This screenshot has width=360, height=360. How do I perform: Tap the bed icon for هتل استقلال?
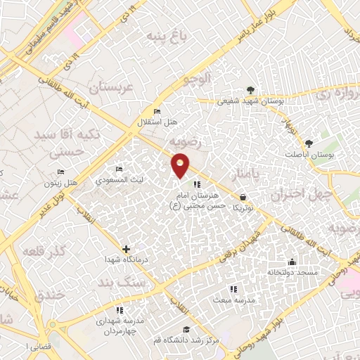(x=157, y=112)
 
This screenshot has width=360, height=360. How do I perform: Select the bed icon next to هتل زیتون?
(x=61, y=172)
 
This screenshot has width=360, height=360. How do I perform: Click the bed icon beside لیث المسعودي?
(x=119, y=169)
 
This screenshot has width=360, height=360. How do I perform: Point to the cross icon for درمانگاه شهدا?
(x=126, y=249)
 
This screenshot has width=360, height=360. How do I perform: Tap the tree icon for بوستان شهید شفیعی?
(x=250, y=90)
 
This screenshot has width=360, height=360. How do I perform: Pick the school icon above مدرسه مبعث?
(x=233, y=288)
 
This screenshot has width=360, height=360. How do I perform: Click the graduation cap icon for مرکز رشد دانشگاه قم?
(x=186, y=330)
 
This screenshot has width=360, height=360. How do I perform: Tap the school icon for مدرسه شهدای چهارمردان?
(x=120, y=309)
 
